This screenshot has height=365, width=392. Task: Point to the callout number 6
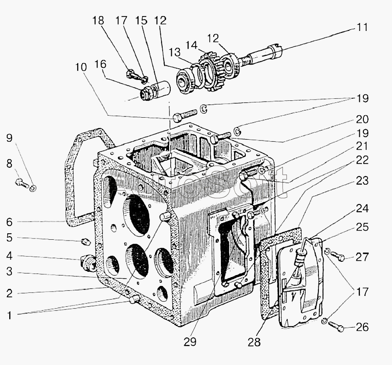pyautogui.click(x=9, y=222)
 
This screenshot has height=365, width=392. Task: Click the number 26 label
pyautogui.click(x=362, y=328)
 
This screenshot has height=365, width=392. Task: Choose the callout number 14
pyautogui.click(x=192, y=45)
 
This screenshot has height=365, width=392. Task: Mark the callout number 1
pyautogui.click(x=9, y=315)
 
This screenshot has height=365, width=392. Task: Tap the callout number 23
pyautogui.click(x=362, y=181)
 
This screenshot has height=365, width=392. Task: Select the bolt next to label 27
pyautogui.click(x=339, y=256)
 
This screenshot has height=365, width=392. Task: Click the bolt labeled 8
pyautogui.click(x=21, y=183)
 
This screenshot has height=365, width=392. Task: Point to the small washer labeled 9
pyautogui.click(x=33, y=187)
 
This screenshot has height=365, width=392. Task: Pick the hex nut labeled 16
pyautogui.click(x=145, y=94)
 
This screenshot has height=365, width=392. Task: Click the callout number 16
pyautogui.click(x=100, y=64)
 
